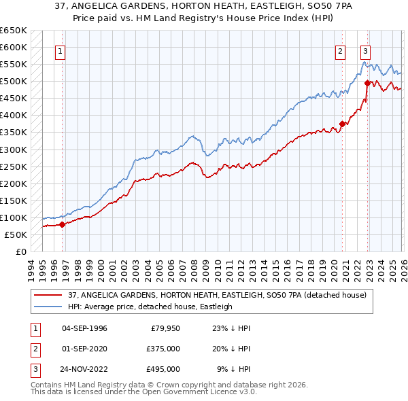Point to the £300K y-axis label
click(14, 150)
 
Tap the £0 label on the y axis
click(21, 251)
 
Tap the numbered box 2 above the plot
click(340, 50)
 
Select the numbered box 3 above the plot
click(366, 50)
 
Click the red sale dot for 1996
click(62, 224)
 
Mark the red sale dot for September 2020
click(343, 124)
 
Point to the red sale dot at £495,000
click(367, 83)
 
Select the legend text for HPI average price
click(150, 307)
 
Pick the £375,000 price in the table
click(164, 349)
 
